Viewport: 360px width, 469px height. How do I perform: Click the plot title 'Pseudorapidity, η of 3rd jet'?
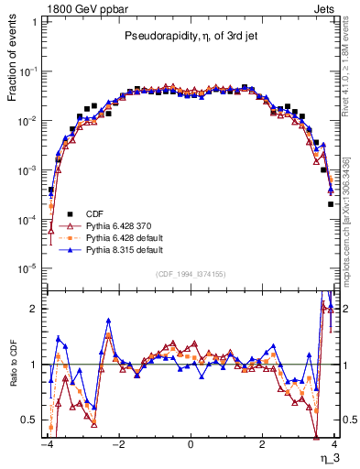(x=190, y=37)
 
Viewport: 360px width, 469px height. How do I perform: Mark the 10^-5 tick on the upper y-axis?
(x=28, y=268)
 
